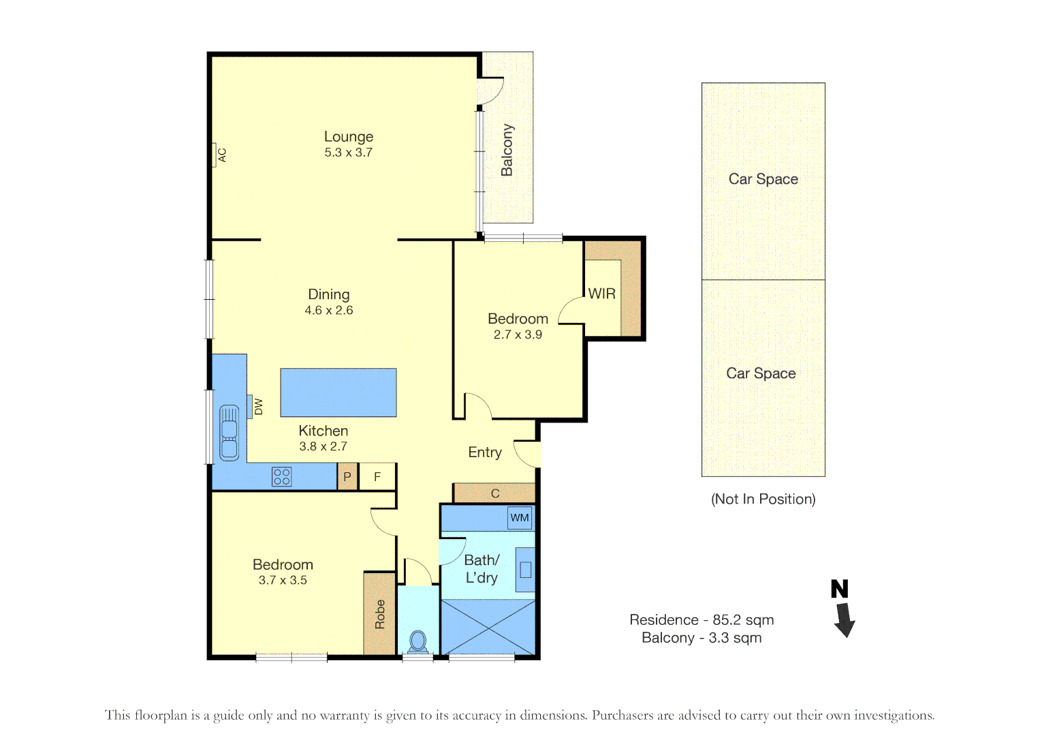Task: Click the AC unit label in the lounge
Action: tap(223, 155)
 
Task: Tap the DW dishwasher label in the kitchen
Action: tap(259, 407)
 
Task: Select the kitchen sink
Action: tap(230, 433)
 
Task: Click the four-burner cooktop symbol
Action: tap(282, 477)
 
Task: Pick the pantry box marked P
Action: tap(347, 476)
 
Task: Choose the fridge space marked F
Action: tap(377, 476)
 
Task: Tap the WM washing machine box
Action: tap(520, 518)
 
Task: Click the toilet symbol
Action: tap(418, 642)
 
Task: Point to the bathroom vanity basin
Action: tap(526, 570)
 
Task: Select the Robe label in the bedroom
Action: tap(380, 614)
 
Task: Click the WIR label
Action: tap(601, 294)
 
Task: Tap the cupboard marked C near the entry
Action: tap(495, 493)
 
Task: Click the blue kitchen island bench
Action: tap(338, 393)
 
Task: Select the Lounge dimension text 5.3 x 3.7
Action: tap(348, 153)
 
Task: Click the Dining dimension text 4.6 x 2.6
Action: tap(329, 310)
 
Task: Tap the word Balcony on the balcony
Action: tap(507, 150)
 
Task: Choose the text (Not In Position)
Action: tap(763, 499)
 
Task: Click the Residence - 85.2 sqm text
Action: tap(702, 620)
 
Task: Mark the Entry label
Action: tap(485, 453)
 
